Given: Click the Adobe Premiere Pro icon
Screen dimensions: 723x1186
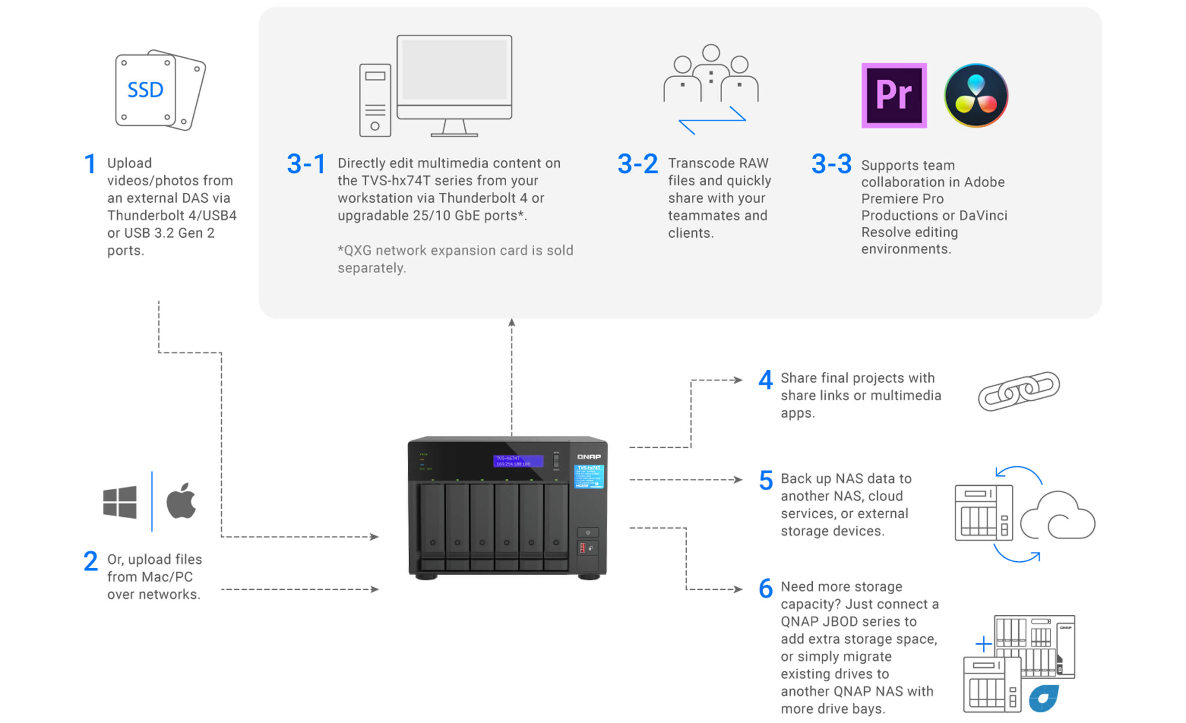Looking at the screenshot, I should tap(894, 95).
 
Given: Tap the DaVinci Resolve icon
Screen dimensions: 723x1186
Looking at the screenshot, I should tap(976, 95).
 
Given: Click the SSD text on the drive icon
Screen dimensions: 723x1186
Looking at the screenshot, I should tap(145, 90).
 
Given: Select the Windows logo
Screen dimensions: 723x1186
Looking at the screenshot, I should tap(120, 502).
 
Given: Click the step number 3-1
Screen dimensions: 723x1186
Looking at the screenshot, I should tap(306, 164).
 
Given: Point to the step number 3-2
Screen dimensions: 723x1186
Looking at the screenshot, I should tap(637, 164).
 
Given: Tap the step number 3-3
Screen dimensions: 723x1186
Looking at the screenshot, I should tap(831, 164).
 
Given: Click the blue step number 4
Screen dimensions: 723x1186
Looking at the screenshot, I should tap(765, 380).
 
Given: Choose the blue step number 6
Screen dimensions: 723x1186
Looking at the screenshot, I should tap(766, 589).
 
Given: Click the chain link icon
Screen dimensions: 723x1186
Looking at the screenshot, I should tap(1018, 391).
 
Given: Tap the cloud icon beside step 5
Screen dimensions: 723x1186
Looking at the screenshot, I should tap(1058, 517).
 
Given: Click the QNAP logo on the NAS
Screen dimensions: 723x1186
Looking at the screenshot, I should tap(589, 456).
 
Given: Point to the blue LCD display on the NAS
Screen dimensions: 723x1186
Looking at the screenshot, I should tap(518, 461).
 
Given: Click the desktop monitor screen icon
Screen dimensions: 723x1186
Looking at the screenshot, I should tap(454, 70).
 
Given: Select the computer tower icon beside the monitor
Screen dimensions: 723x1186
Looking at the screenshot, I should tap(375, 100).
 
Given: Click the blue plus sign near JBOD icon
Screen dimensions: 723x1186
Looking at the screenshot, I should tap(984, 644).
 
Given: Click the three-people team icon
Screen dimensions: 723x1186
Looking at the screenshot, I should tap(711, 73).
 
